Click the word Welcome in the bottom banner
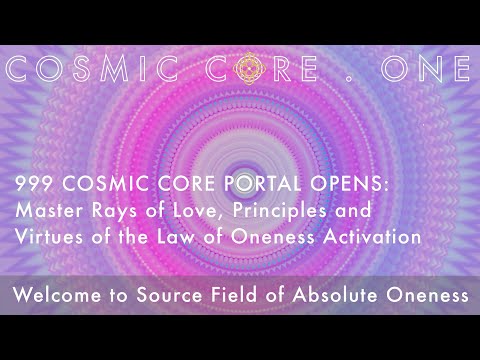coord(62,295)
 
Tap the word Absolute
coord(330,295)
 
